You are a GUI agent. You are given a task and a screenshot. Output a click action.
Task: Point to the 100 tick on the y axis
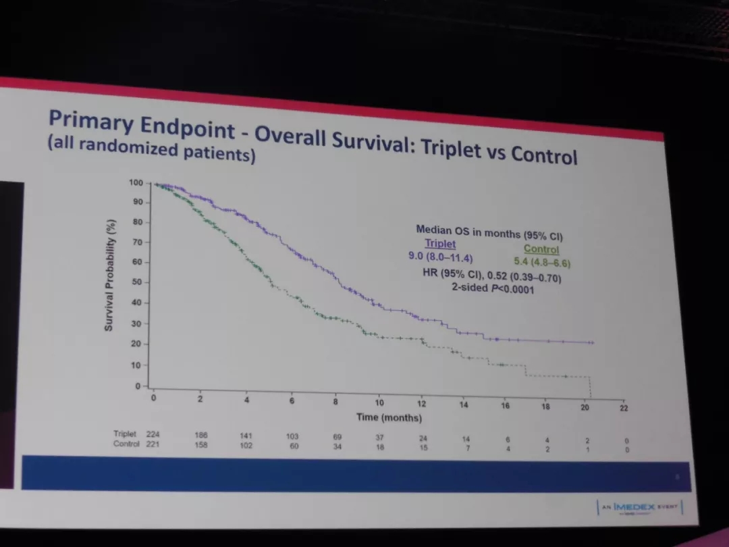click(x=136, y=183)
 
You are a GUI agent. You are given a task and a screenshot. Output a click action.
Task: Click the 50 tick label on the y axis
click(x=137, y=282)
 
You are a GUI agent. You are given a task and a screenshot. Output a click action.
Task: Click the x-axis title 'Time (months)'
click(x=389, y=417)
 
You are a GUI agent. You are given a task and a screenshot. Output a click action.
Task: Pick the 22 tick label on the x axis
click(x=624, y=407)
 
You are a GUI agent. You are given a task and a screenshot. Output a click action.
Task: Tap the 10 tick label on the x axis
click(x=379, y=402)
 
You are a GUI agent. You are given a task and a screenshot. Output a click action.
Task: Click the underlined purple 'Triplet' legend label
click(x=440, y=244)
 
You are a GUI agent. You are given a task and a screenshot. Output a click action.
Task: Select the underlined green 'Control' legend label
click(x=541, y=249)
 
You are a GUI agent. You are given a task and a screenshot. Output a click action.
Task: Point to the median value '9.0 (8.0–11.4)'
click(x=441, y=257)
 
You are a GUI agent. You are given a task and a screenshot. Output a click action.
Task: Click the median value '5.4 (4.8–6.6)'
click(x=537, y=262)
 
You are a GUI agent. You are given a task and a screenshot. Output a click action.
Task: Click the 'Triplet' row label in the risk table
click(x=125, y=434)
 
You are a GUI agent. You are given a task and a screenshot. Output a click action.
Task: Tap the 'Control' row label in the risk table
click(x=126, y=444)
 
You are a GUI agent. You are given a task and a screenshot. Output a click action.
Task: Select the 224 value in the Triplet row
click(x=153, y=434)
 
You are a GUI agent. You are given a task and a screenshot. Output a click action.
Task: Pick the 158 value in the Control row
click(x=201, y=445)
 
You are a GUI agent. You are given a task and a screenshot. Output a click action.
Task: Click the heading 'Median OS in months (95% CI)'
click(x=489, y=232)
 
